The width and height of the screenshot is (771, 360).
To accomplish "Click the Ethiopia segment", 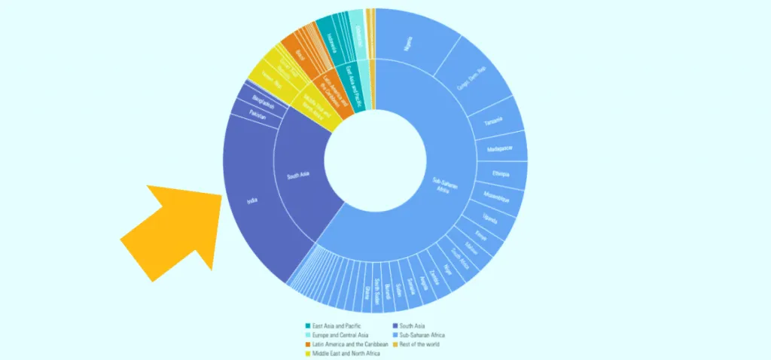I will pos(501,174).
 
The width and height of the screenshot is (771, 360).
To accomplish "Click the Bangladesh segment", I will pos(263,102).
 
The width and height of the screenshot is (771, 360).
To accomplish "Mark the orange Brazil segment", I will pos(300,54).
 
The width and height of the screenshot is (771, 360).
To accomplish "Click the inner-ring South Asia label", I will pos(299,178).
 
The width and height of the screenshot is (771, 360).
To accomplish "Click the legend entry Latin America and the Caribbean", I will pos(348,344).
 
